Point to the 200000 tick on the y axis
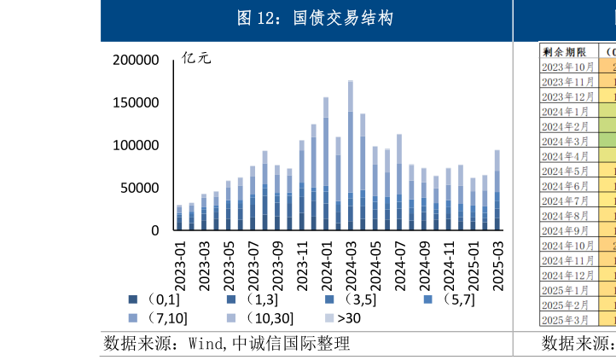pos(136,60)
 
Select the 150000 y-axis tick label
pos(136,102)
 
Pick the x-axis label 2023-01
pos(180,264)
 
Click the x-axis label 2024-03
pos(351,264)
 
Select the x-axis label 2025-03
pos(497,264)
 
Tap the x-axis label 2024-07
pos(399,264)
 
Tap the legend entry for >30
pos(343,318)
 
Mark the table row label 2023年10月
pos(568,67)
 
